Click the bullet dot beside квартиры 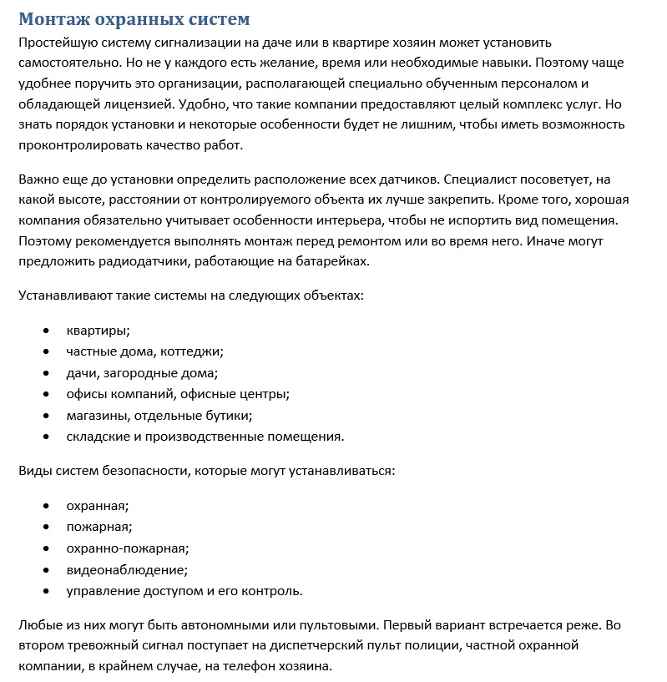pos(47,331)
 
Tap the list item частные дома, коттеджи pos(144,351)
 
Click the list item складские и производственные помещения pos(205,436)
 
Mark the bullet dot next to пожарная pos(47,527)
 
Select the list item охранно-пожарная pos(128,548)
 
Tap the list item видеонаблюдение pos(127,569)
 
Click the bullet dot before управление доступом pos(47,590)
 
